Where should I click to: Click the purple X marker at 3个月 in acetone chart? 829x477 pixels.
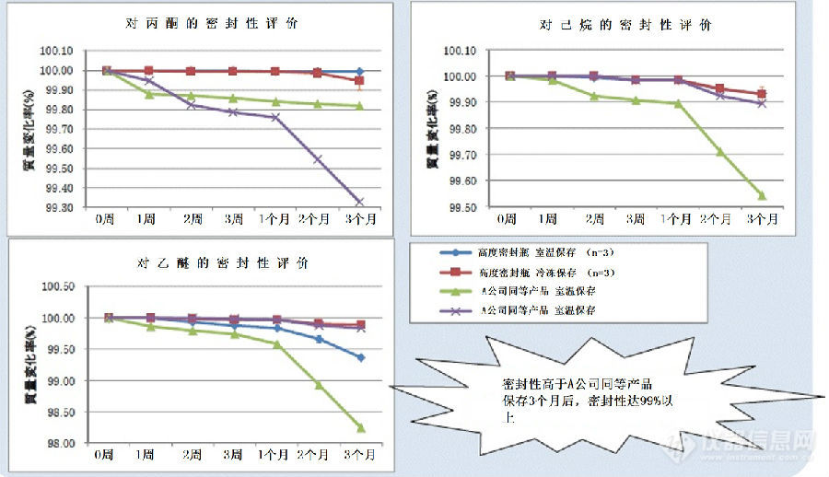tap(359, 202)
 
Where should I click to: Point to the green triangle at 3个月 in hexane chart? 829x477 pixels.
tap(762, 195)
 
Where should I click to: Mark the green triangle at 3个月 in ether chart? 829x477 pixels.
tap(360, 427)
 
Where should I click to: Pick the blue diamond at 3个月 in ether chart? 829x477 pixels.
tap(360, 357)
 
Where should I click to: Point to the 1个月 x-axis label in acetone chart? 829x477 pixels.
tap(274, 220)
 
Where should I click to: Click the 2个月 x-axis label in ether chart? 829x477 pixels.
tap(318, 456)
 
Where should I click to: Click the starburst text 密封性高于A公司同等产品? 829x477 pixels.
tap(579, 385)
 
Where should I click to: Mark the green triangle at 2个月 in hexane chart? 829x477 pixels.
tap(719, 152)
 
